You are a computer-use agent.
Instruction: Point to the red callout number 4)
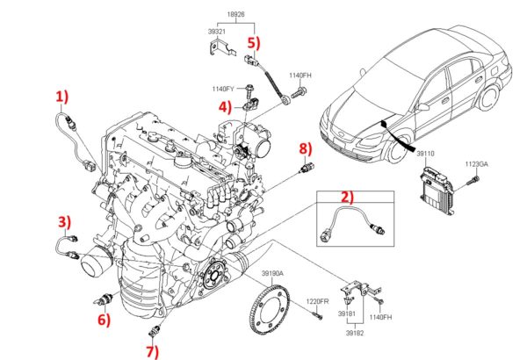(x=225, y=108)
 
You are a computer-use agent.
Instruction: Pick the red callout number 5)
(x=253, y=41)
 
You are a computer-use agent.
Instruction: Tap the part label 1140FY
(x=224, y=89)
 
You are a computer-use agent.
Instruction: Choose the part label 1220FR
(x=317, y=302)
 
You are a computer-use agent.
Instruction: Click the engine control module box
(x=437, y=192)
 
